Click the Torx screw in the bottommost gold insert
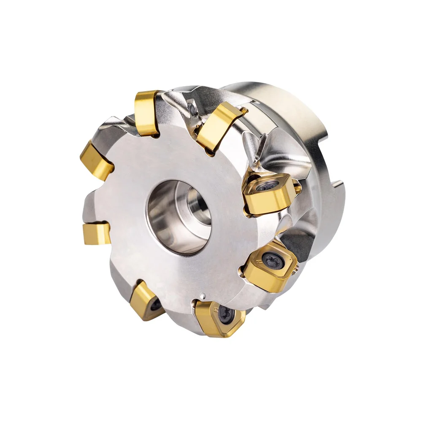point(226,315)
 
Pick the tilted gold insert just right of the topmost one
point(219,125)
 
